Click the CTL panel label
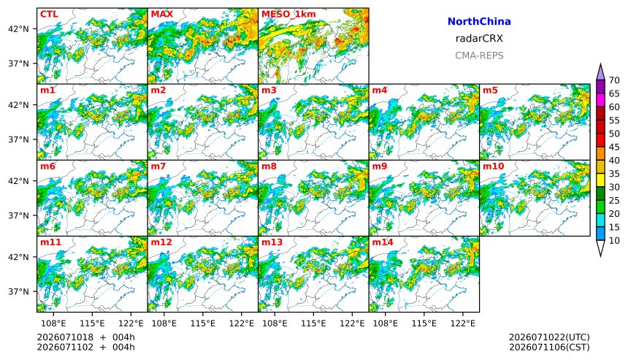pos(49,15)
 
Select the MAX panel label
pos(162,15)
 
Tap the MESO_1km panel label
pos(288,15)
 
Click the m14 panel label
pos(383,242)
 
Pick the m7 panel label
pos(158,166)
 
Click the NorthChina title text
pos(479,22)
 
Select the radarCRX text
pos(479,39)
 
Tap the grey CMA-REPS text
pos(479,55)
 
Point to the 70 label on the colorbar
pos(614,80)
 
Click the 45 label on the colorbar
pos(614,148)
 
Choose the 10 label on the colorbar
pos(614,241)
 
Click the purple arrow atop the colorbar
pos(600,72)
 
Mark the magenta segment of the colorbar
pos(600,100)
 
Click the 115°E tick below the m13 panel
pos(313,323)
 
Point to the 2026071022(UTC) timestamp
pos(549,337)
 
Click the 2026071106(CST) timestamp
pos(549,347)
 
